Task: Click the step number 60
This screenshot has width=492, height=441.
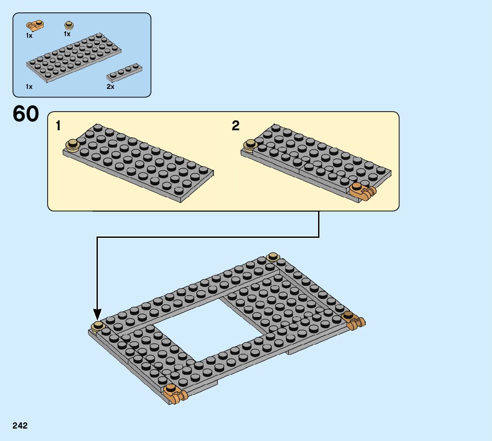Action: (26, 114)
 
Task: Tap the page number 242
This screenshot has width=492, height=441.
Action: (20, 426)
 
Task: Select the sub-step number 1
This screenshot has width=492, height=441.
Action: (58, 126)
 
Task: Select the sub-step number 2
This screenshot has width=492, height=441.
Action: (236, 126)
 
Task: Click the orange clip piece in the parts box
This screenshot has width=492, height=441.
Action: (35, 25)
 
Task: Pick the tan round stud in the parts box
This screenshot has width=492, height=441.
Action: (69, 25)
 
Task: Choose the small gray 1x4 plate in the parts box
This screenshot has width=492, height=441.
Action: (125, 72)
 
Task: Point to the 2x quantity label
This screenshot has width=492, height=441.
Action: (110, 87)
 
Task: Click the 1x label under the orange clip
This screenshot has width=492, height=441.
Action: (29, 36)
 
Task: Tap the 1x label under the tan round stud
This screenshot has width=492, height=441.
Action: (67, 34)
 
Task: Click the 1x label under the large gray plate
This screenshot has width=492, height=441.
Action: (29, 87)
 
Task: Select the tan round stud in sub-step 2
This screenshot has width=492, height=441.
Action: (250, 144)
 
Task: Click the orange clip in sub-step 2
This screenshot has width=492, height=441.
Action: (362, 191)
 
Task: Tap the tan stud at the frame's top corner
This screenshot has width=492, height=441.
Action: (273, 257)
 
